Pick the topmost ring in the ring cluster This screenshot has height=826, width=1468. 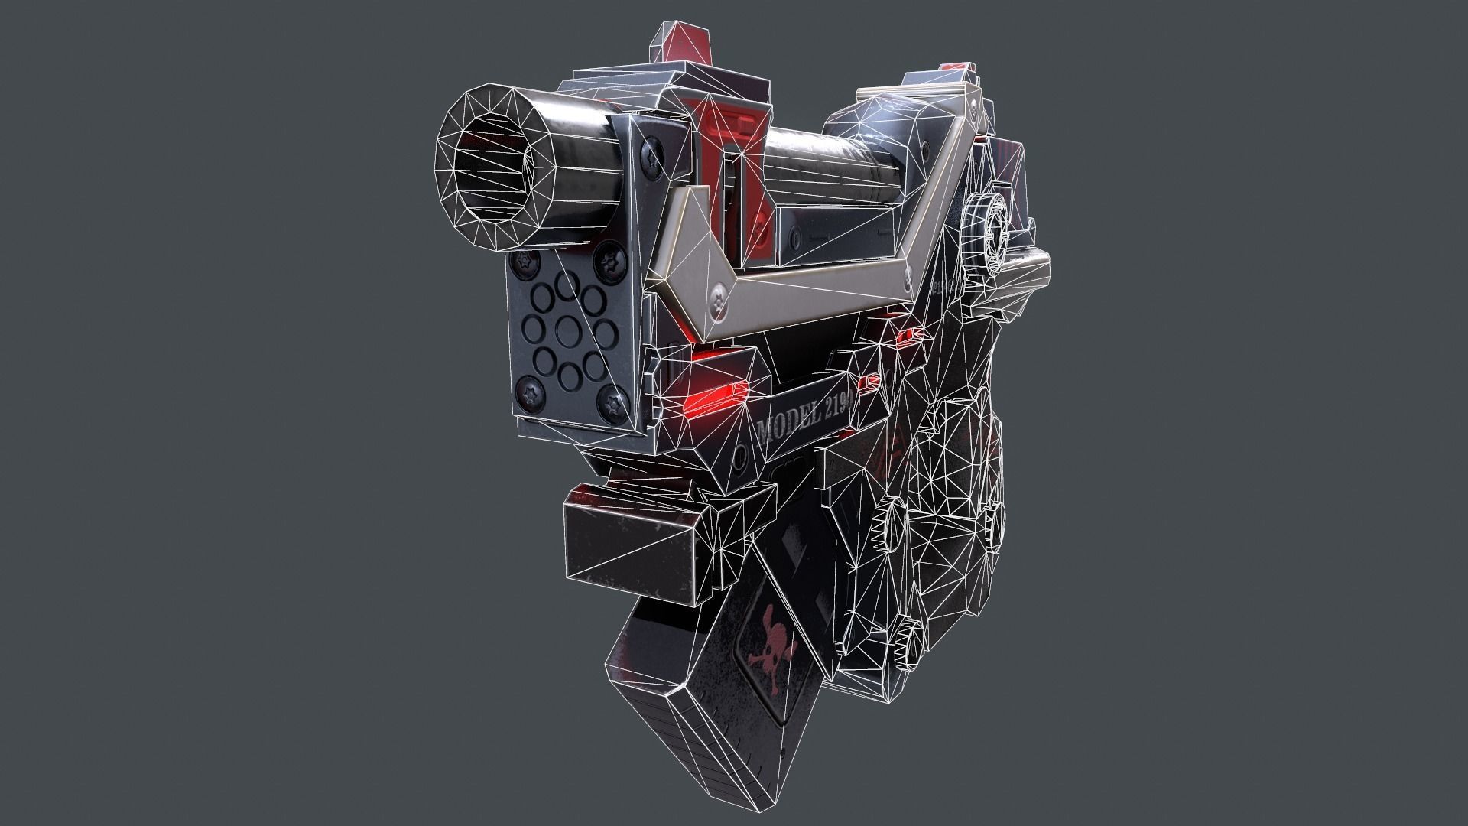pos(567,285)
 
